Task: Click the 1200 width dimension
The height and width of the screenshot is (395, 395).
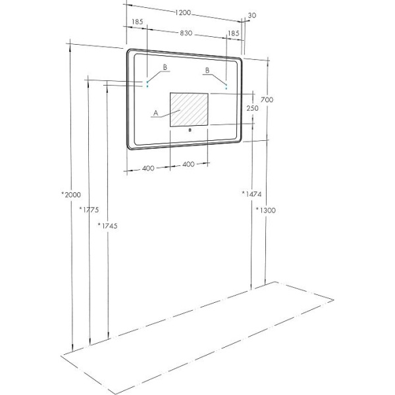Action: (x=183, y=13)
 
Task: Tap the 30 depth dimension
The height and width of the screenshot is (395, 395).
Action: (x=252, y=15)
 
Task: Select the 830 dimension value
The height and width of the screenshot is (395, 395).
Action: (x=186, y=33)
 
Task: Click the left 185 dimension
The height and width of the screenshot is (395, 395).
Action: (x=138, y=22)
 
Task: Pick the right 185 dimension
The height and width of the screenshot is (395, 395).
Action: (x=233, y=34)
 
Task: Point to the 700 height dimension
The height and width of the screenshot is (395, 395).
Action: (x=267, y=100)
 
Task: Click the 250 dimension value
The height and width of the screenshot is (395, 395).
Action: (x=252, y=109)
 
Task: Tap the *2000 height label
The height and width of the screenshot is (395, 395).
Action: (x=71, y=195)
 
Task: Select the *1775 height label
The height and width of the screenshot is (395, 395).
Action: (x=89, y=209)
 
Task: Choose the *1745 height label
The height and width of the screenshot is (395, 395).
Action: (x=107, y=226)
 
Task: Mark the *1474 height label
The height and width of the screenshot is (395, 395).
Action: (x=251, y=194)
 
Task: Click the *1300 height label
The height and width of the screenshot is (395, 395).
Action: (x=266, y=210)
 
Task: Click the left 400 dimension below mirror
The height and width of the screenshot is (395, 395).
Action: (x=148, y=169)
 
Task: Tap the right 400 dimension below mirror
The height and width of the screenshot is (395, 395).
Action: (x=188, y=165)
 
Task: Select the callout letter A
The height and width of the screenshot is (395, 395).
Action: (x=156, y=113)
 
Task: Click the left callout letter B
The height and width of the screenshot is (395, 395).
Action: (x=165, y=67)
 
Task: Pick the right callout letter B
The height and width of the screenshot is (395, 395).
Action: (x=207, y=70)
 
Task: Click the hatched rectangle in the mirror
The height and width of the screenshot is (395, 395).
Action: (x=189, y=109)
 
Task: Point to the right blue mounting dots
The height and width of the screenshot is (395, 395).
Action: (x=226, y=86)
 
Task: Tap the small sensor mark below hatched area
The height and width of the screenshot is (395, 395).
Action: (x=190, y=130)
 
